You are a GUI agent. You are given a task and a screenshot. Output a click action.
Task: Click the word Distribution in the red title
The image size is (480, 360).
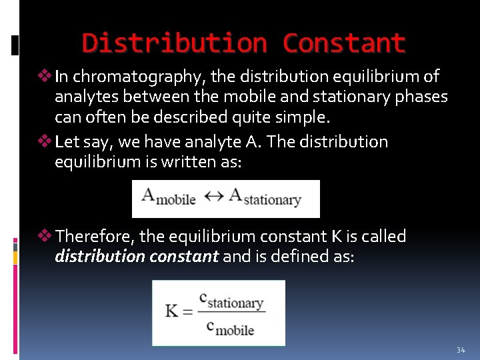[x=174, y=43]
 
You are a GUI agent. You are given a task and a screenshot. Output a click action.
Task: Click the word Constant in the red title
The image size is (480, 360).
[x=343, y=43]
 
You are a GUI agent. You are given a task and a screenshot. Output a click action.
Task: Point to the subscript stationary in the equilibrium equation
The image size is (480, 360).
[x=271, y=200]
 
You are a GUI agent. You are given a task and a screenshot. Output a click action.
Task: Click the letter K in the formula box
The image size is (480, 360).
[x=172, y=311]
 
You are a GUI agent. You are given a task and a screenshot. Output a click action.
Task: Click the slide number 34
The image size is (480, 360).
[x=461, y=350]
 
